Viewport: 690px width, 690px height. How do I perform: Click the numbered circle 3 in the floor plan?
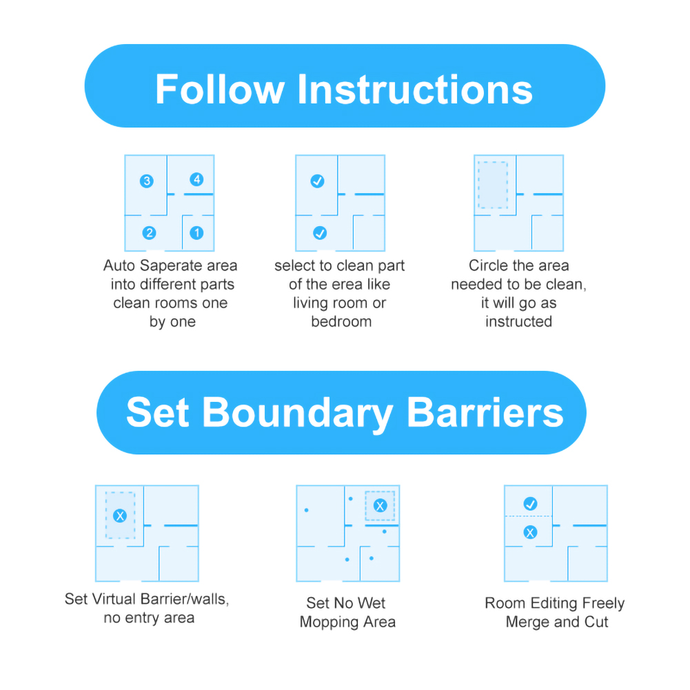[147, 181]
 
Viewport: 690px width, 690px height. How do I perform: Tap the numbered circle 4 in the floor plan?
[196, 179]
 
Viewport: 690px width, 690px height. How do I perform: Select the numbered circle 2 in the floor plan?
[149, 233]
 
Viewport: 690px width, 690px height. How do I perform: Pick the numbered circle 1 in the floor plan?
[196, 233]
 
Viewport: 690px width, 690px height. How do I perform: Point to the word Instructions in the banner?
[415, 90]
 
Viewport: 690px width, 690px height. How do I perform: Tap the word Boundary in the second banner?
[298, 413]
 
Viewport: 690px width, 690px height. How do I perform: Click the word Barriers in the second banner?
[485, 412]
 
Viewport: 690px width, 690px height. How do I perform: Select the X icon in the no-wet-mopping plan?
[380, 506]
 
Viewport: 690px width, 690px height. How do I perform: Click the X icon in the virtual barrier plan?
[120, 516]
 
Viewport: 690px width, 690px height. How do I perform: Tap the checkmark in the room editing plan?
[530, 503]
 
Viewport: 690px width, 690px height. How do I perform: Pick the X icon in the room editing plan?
[530, 532]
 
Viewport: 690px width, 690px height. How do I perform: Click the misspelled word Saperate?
[170, 266]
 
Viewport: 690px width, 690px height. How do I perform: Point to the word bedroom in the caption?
[341, 322]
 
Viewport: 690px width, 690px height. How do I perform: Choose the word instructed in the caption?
[519, 322]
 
